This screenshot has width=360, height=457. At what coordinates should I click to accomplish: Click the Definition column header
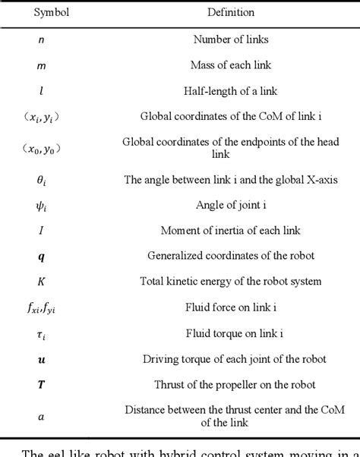[230, 12]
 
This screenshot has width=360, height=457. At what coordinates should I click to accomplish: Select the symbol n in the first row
[41, 40]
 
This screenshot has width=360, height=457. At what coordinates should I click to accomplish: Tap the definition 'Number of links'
[230, 40]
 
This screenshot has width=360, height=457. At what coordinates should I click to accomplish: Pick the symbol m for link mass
[41, 65]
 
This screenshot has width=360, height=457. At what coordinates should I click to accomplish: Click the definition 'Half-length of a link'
[230, 91]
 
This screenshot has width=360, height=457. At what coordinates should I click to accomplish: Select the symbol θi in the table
[41, 179]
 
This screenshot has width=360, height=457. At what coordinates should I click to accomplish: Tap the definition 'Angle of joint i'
[230, 205]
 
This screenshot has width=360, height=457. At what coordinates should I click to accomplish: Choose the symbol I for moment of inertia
[41, 231]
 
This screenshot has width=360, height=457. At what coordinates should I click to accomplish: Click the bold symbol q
[41, 257]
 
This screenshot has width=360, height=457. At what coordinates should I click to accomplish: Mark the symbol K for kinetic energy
[41, 282]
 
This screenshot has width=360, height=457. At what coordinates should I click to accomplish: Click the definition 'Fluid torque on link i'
[230, 333]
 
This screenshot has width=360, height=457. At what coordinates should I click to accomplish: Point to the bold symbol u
[41, 358]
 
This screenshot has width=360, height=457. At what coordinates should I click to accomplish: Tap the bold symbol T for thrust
[41, 384]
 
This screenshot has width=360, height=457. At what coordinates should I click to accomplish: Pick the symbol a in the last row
[41, 416]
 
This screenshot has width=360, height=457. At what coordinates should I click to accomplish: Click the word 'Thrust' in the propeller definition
[163, 384]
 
